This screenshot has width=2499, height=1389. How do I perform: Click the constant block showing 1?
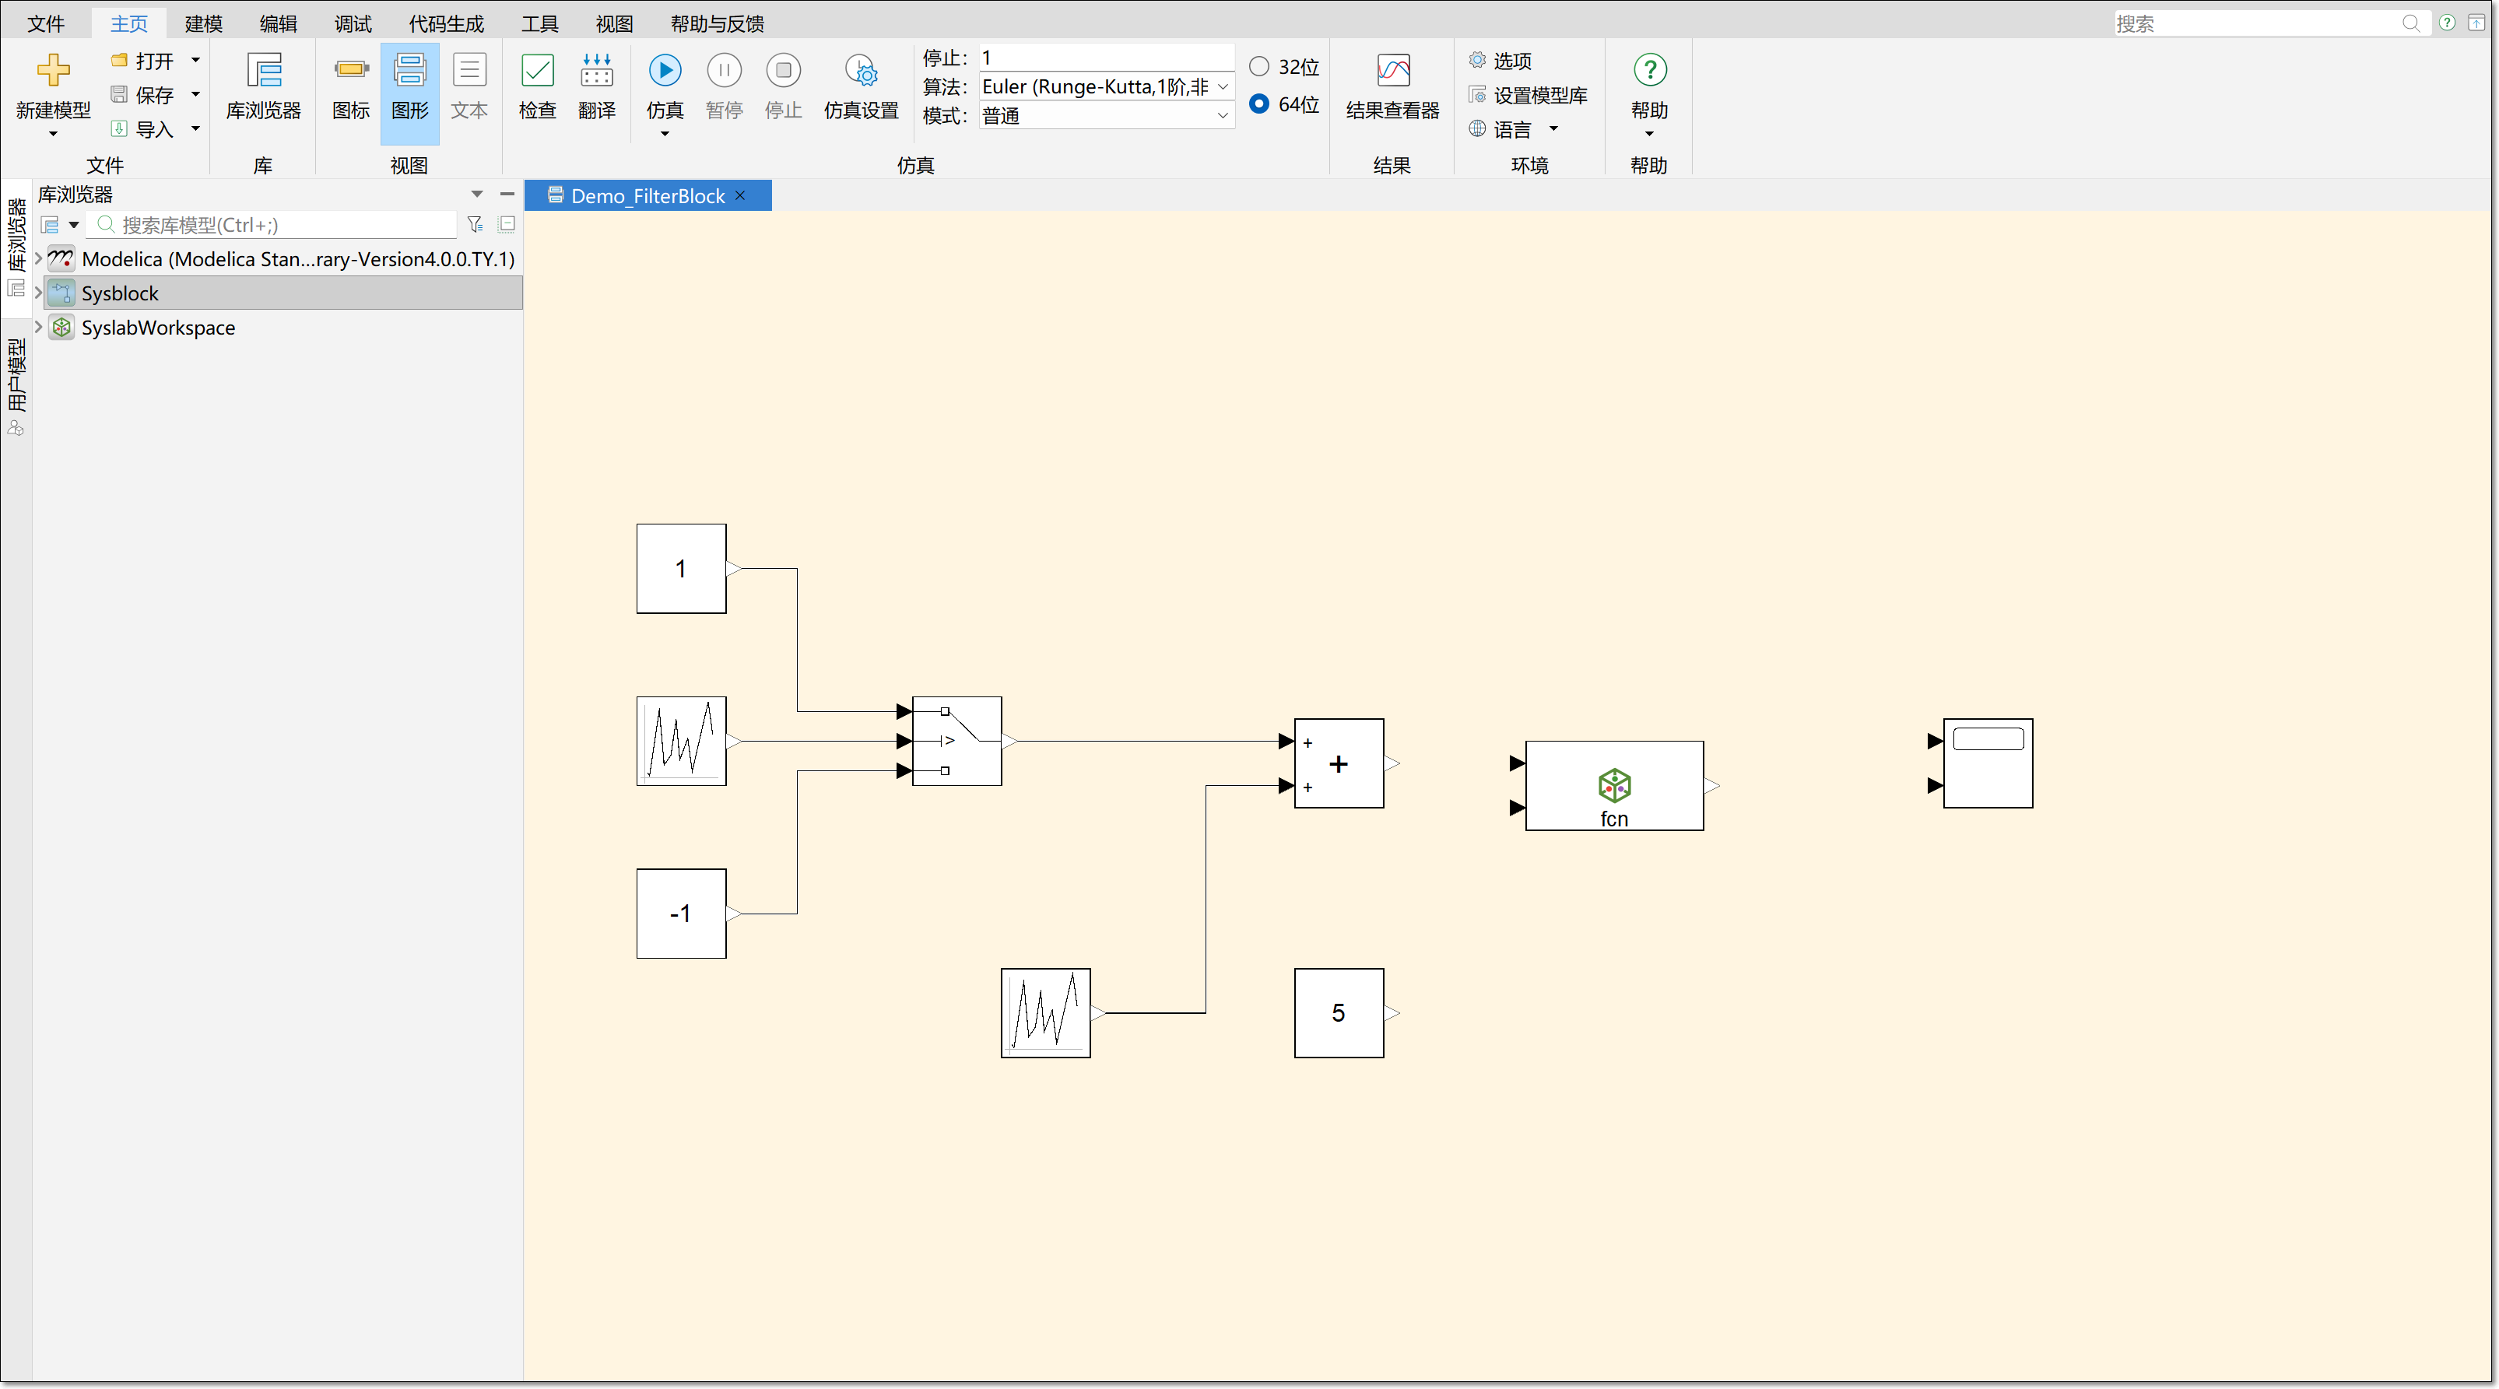click(681, 568)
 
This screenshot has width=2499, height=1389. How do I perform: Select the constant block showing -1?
click(681, 914)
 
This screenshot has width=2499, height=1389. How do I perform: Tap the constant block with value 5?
click(1339, 1012)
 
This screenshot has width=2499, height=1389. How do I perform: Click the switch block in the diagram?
click(956, 741)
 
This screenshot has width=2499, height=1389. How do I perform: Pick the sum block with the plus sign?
click(1339, 763)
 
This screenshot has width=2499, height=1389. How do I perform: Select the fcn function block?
click(1614, 786)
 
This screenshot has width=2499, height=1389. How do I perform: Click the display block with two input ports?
click(1988, 763)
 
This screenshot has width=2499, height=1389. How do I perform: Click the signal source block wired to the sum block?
click(1046, 1012)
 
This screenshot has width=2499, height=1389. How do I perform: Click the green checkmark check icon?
click(538, 71)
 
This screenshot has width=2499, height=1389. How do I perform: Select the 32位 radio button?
click(1259, 67)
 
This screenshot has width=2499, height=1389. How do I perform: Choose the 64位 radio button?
click(1259, 103)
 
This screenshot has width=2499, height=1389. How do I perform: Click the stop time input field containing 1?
click(1106, 58)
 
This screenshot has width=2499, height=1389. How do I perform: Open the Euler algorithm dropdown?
click(1106, 87)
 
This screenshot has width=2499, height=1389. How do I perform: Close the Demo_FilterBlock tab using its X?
click(740, 196)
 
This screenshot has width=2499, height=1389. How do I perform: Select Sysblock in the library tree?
click(121, 293)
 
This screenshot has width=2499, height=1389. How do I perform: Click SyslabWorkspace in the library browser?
click(158, 328)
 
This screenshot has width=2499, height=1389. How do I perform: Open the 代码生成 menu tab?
click(446, 23)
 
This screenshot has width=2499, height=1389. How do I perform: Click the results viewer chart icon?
click(1393, 71)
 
